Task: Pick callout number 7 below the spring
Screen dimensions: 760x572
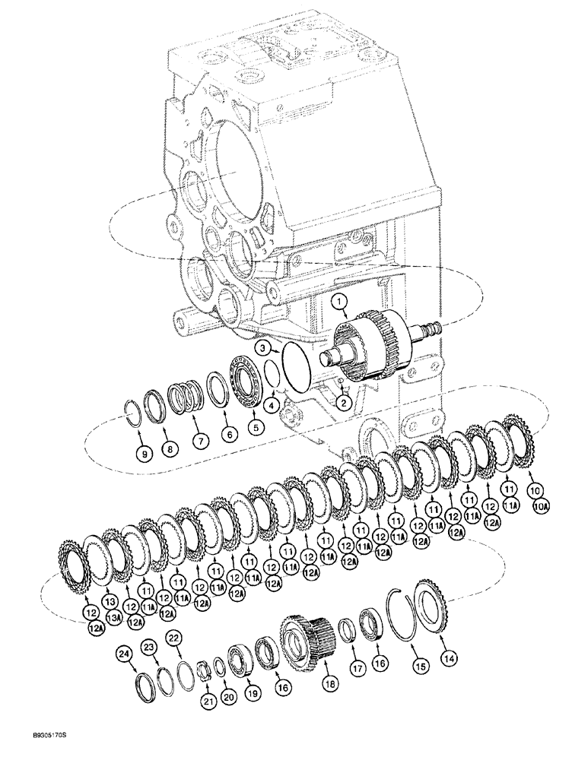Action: [199, 440]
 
